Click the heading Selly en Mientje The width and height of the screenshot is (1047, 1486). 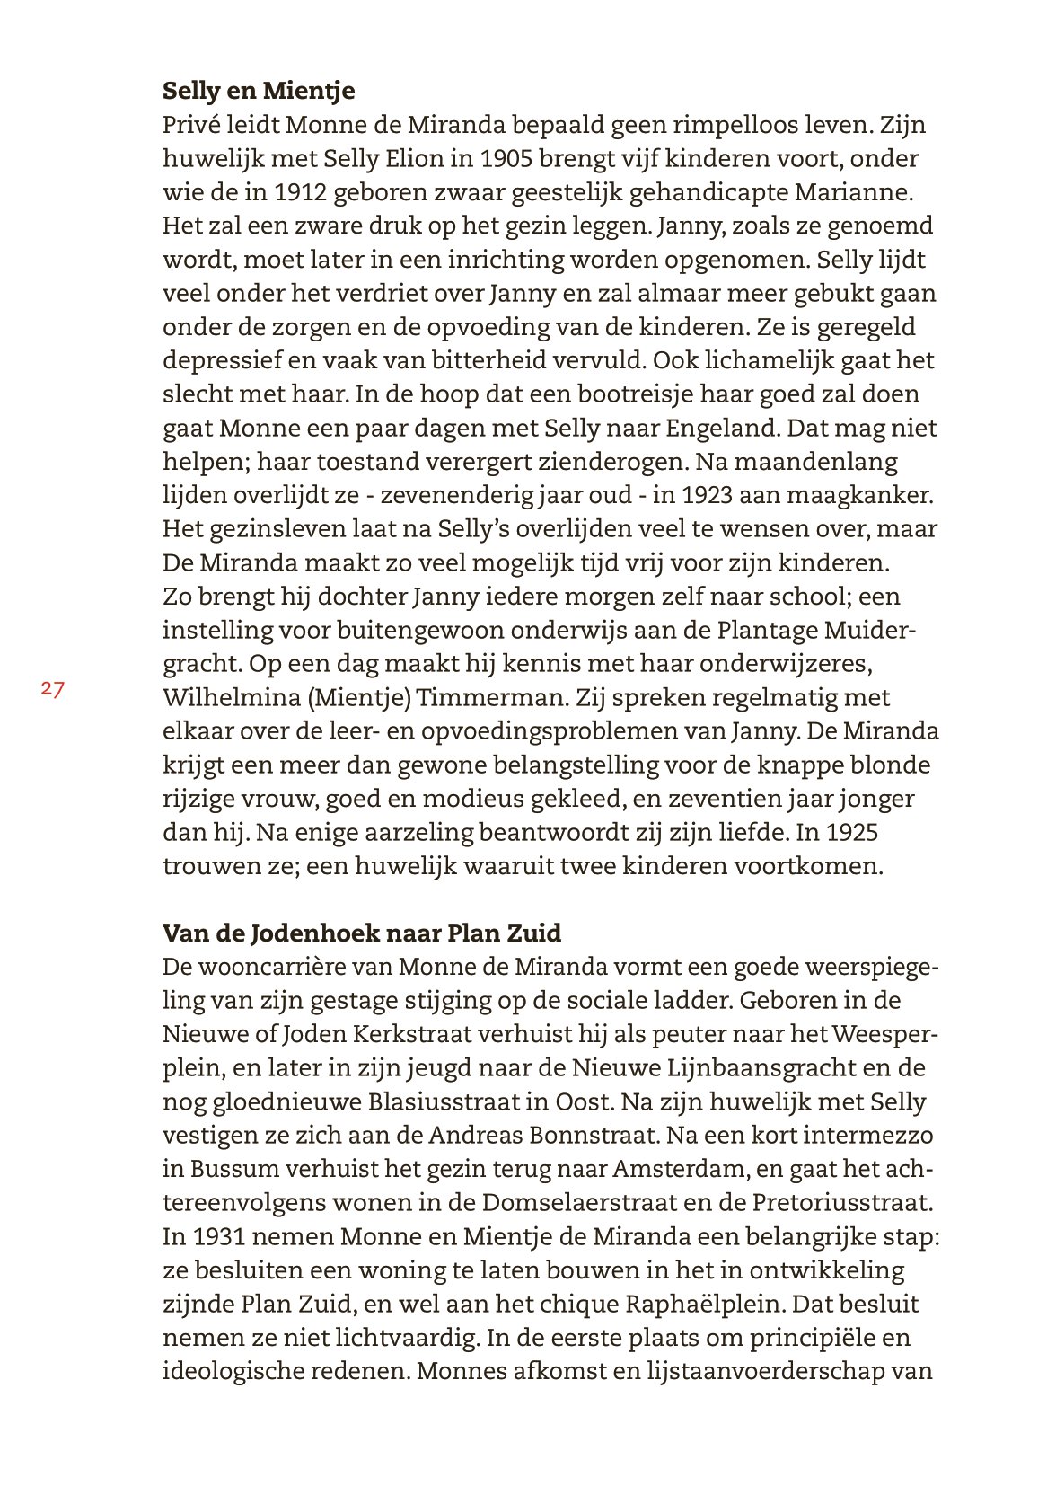pyautogui.click(x=259, y=91)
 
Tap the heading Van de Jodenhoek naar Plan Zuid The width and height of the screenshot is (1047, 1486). pyautogui.click(x=362, y=933)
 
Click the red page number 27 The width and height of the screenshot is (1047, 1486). pyautogui.click(x=52, y=689)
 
